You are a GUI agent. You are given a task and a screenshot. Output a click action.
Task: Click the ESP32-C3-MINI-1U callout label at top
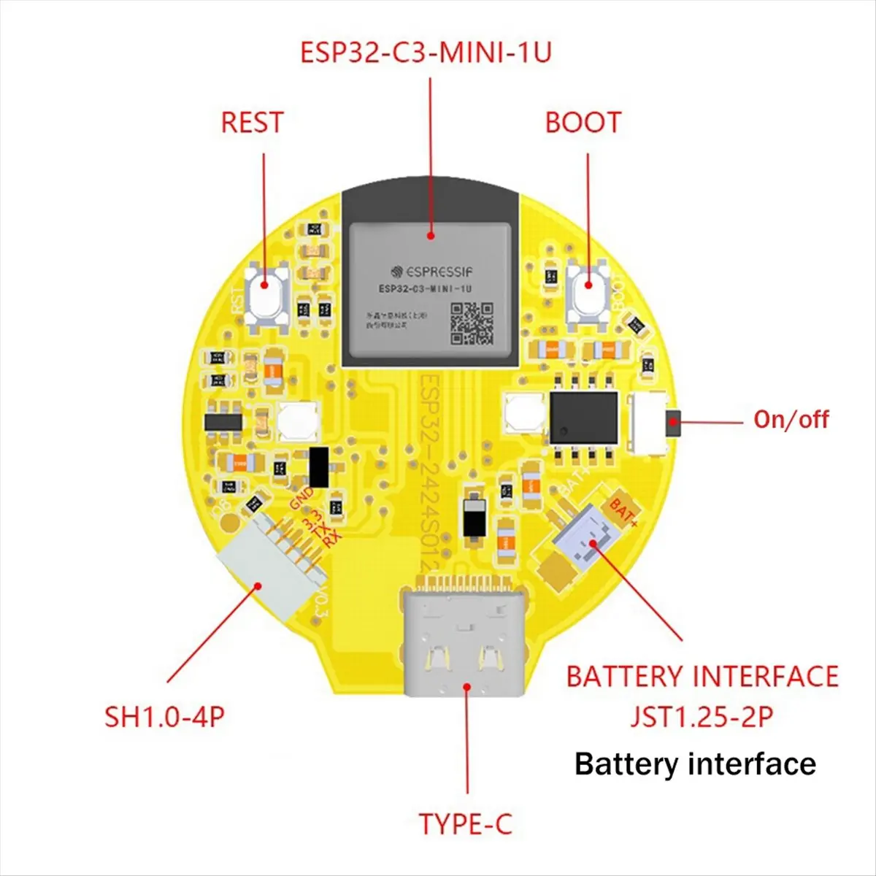click(x=426, y=53)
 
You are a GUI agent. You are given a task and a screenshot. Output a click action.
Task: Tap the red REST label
click(x=252, y=123)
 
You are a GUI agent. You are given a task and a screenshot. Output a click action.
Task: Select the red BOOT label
click(x=583, y=123)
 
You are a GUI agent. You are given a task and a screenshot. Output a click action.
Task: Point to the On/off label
click(x=791, y=420)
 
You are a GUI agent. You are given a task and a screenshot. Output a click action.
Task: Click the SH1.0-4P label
click(x=164, y=716)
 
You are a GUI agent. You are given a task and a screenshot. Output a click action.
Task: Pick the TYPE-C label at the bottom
click(x=465, y=824)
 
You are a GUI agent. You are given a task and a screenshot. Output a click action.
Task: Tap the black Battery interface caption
click(x=695, y=764)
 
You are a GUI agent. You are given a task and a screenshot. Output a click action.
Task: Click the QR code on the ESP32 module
click(x=472, y=323)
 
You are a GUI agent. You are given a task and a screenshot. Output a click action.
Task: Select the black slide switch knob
click(x=673, y=422)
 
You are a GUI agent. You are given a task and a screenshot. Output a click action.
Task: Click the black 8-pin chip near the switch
click(x=583, y=416)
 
